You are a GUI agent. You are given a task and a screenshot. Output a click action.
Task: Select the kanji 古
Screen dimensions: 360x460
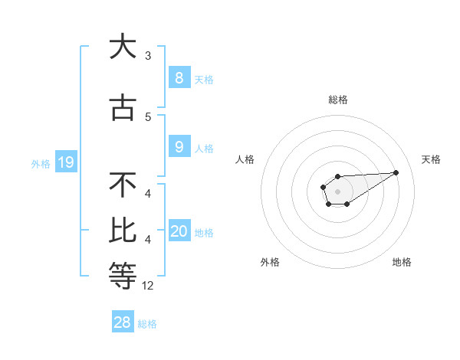tap(123, 109)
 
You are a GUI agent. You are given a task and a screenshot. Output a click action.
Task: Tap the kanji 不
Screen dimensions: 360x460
tap(123, 185)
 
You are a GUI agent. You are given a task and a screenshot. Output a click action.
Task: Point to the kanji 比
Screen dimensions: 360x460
tap(123, 229)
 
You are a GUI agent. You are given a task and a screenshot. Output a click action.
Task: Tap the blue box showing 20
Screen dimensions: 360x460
tap(179, 231)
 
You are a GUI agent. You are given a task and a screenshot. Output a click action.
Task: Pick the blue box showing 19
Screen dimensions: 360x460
tap(65, 162)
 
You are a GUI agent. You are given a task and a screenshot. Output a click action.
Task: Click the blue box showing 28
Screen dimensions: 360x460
tap(123, 322)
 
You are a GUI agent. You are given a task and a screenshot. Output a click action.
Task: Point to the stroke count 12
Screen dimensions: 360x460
tap(148, 286)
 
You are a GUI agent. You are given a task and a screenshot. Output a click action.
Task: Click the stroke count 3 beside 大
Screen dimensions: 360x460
tap(148, 55)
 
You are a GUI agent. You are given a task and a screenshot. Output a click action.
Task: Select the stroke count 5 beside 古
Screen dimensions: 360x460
tap(148, 117)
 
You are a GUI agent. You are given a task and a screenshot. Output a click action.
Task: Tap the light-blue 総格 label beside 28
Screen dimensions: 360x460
tap(147, 324)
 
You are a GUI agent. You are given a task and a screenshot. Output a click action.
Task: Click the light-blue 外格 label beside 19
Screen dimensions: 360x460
tap(41, 163)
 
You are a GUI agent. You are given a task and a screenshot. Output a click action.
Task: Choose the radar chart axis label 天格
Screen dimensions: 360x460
tap(432, 159)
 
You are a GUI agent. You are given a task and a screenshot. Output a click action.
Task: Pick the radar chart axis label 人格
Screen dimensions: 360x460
tap(245, 159)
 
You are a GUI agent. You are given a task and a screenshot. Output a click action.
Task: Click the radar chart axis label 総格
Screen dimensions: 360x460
tap(338, 100)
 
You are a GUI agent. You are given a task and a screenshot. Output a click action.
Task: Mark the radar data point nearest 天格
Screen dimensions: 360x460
tap(396, 172)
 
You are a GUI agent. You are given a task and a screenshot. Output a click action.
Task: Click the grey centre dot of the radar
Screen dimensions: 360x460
tap(337, 191)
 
